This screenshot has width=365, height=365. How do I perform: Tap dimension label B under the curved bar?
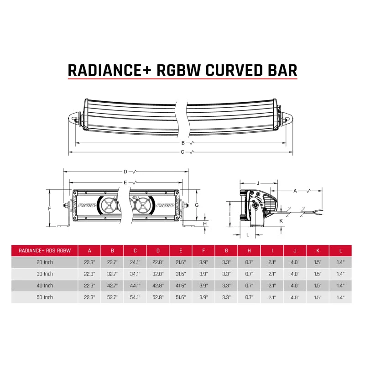tap(182, 143)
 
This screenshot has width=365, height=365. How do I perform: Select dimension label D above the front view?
tap(125, 172)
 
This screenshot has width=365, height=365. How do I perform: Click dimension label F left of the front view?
tap(49, 208)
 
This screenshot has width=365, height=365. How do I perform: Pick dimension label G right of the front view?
tap(196, 205)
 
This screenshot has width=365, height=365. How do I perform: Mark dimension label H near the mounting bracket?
tap(205, 224)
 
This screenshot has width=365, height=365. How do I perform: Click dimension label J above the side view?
tap(258, 183)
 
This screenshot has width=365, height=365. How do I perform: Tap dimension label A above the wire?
tap(295, 190)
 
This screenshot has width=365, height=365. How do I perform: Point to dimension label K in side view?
tap(281, 220)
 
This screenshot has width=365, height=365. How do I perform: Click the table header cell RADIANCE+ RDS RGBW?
tap(44, 250)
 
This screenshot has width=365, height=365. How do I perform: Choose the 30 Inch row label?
tap(44, 274)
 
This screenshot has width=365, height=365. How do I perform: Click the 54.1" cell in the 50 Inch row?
tap(135, 297)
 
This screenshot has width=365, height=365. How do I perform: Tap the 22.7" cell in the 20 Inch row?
tap(112, 262)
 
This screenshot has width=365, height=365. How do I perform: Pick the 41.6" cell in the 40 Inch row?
tap(181, 286)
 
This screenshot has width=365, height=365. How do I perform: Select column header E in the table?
tap(181, 250)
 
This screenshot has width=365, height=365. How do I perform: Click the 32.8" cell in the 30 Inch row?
tap(158, 274)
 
